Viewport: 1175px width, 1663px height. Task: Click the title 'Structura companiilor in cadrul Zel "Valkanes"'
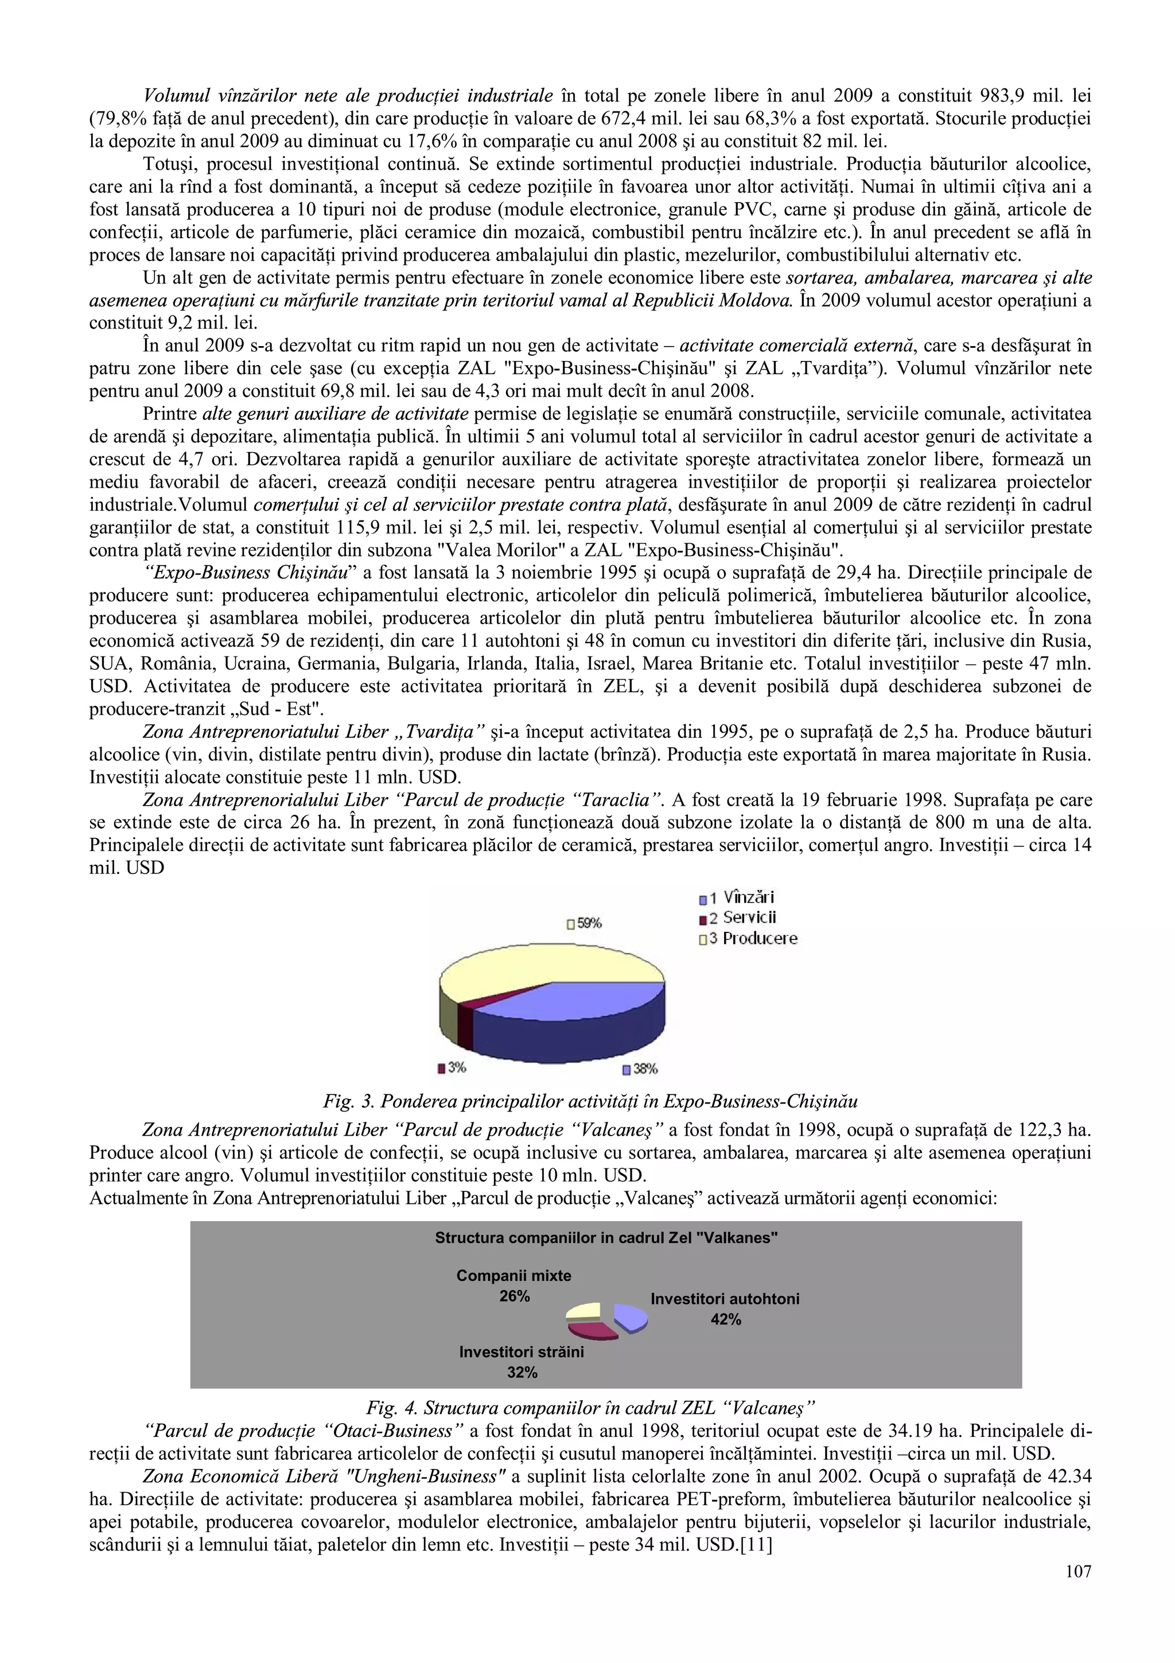tap(606, 1238)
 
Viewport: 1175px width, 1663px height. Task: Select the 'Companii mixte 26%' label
tap(513, 1285)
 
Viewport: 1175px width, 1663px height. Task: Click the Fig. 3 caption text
tap(590, 1102)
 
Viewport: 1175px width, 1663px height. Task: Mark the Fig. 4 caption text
tap(590, 1408)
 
